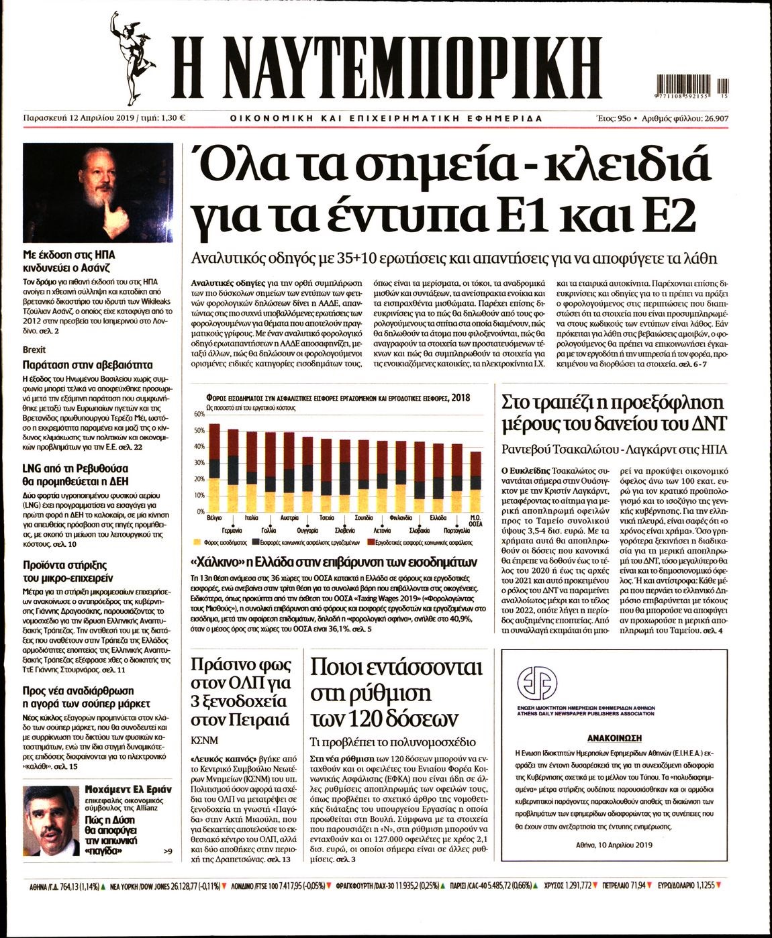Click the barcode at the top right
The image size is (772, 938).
pyautogui.click(x=691, y=87)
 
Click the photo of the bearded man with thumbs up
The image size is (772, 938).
pyautogui.click(x=98, y=193)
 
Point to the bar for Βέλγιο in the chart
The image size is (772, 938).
pyautogui.click(x=215, y=467)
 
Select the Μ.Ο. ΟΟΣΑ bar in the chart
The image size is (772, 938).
pyautogui.click(x=475, y=482)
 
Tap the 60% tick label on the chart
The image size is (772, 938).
pyautogui.click(x=199, y=415)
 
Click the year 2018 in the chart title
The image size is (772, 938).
pyautogui.click(x=461, y=398)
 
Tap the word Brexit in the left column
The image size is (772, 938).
pyautogui.click(x=34, y=350)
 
